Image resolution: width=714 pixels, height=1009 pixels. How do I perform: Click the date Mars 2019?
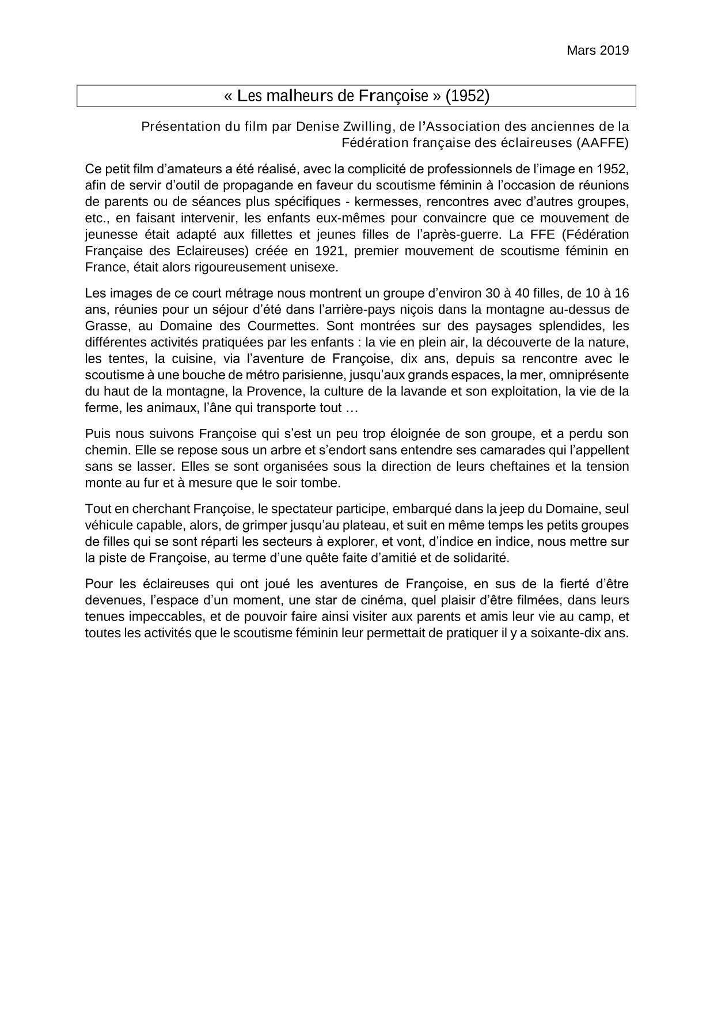(x=598, y=51)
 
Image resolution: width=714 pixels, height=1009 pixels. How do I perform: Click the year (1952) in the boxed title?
(x=468, y=96)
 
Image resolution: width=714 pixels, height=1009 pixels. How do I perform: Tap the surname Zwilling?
(x=366, y=126)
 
